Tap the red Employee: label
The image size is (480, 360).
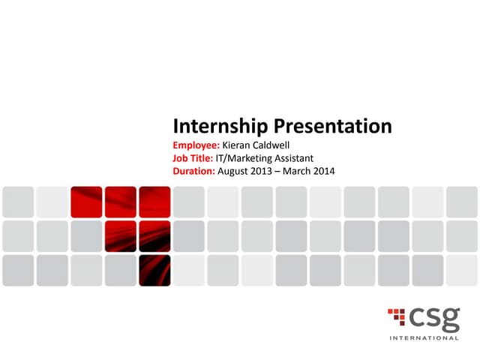point(197,145)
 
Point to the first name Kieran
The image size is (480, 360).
point(239,145)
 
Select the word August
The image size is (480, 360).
point(235,172)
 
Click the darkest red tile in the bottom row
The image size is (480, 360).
point(154,270)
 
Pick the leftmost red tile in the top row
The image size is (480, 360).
point(86,202)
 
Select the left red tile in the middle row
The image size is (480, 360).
point(120,235)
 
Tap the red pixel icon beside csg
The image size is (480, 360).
point(397,317)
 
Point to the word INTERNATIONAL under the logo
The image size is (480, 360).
point(424,338)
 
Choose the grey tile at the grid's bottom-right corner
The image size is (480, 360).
point(462,270)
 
